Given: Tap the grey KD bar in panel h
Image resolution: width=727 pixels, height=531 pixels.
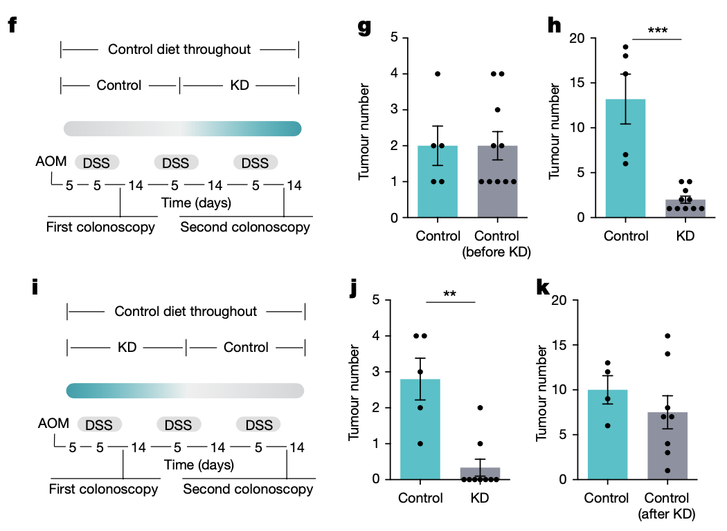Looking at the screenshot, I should (685, 208).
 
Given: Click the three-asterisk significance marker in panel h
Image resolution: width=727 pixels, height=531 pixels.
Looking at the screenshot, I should (657, 30).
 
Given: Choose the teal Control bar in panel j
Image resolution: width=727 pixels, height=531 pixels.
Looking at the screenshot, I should (420, 429).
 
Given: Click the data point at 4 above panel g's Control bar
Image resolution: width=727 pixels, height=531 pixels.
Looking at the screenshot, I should (437, 74).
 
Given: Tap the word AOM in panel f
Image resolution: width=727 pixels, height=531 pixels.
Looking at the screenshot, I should (52, 162).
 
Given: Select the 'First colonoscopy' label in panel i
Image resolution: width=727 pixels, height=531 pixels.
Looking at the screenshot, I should (103, 490).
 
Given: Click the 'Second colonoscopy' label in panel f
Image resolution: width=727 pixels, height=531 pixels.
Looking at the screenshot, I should (245, 227).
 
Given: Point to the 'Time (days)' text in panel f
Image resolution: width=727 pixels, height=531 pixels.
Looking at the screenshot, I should (197, 203).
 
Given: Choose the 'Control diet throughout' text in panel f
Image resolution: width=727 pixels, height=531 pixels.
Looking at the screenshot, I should (179, 50).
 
